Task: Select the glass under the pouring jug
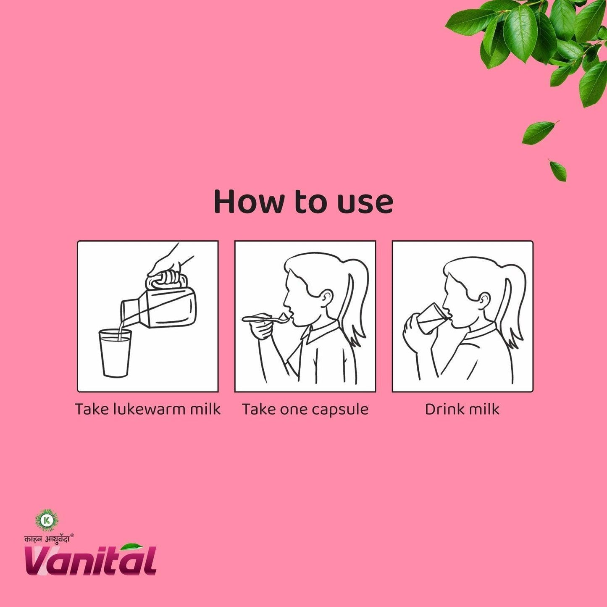[115, 353]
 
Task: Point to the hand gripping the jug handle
[170, 263]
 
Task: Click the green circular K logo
[46, 520]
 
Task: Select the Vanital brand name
[90, 561]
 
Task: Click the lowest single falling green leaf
[558, 170]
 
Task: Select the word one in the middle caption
[294, 410]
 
